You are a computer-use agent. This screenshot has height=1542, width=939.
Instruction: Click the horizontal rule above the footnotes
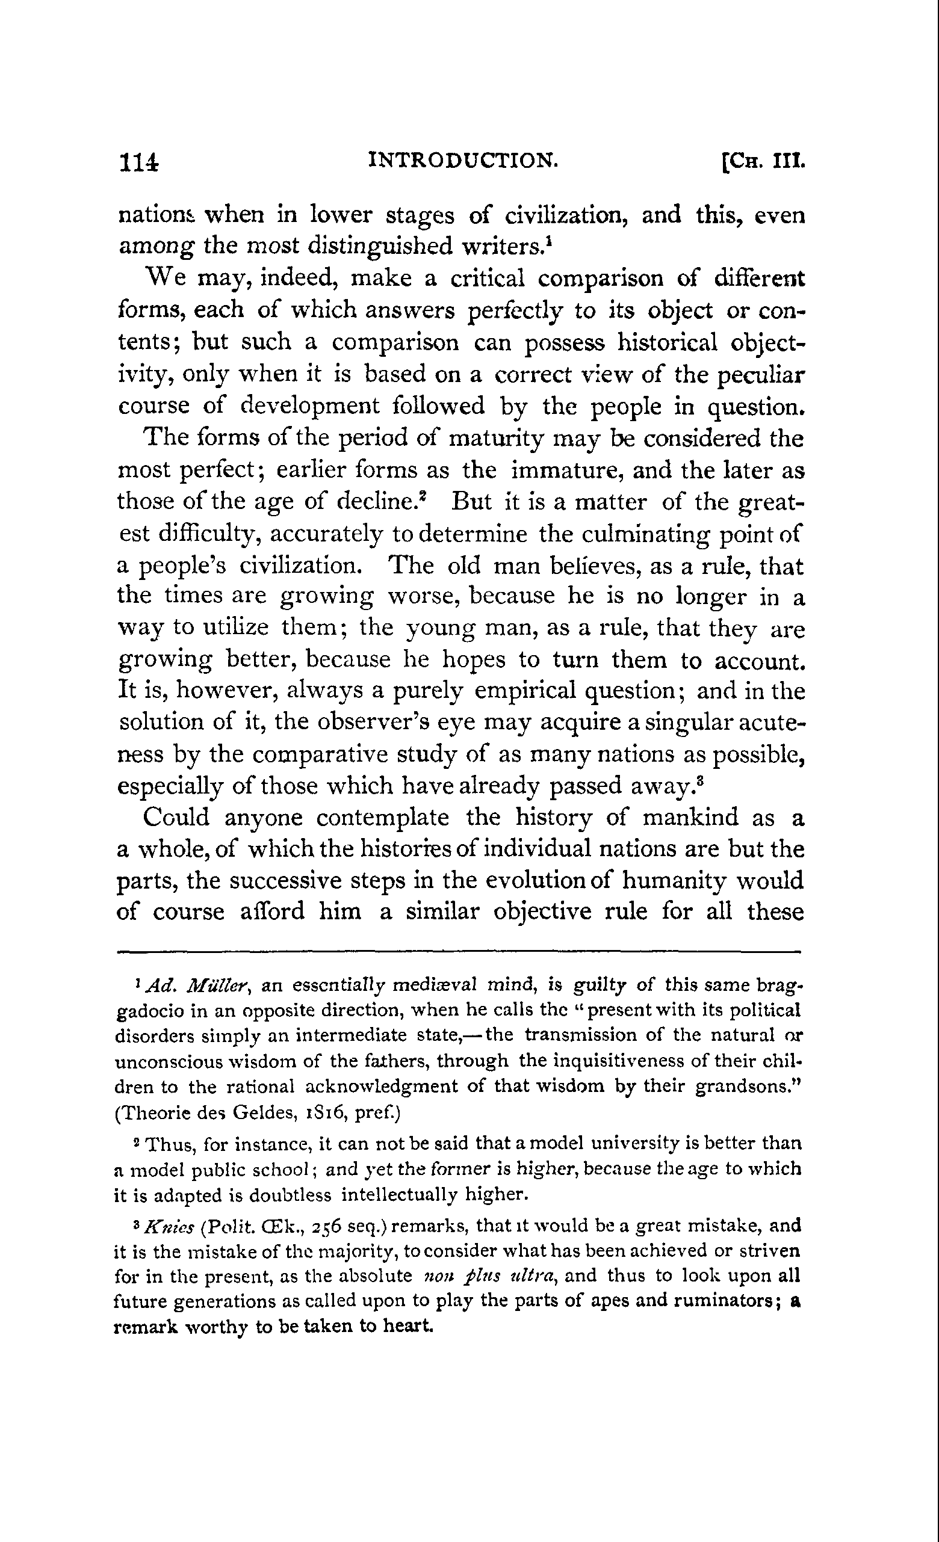459,952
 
